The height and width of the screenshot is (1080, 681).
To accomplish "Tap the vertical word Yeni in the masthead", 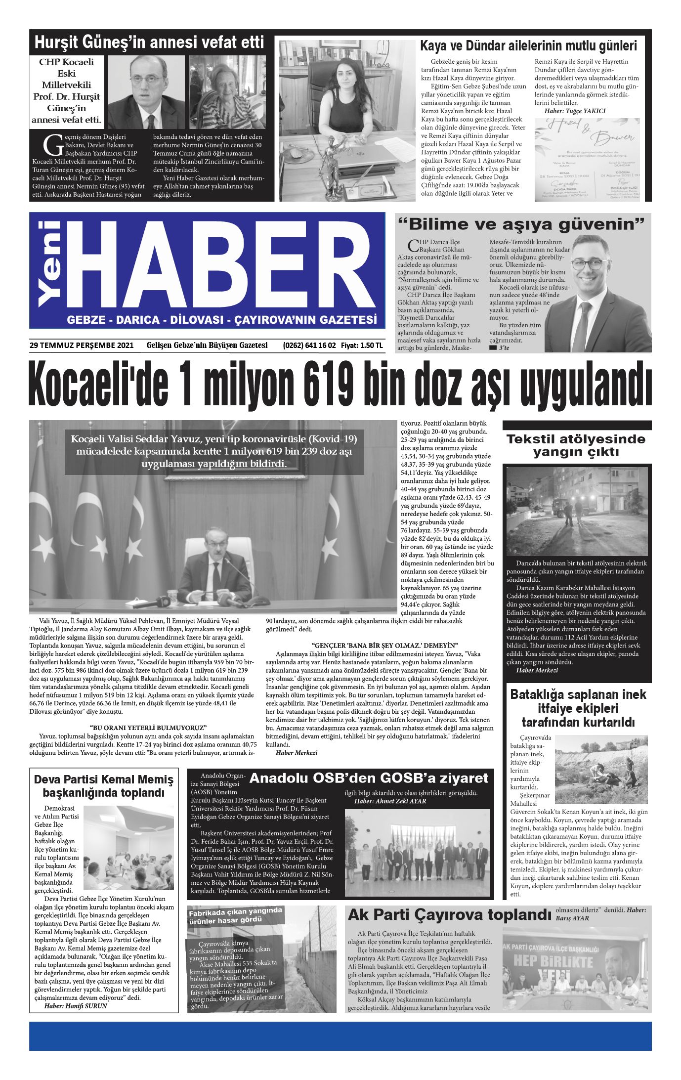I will point(50,263).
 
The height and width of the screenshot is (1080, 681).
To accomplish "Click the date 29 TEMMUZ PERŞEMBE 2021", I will point(82,346).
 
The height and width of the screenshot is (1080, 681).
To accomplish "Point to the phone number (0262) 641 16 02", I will point(309,346).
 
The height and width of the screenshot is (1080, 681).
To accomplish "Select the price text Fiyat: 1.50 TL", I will point(362,346).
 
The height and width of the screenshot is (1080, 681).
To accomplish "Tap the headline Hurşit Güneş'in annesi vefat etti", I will point(149,43).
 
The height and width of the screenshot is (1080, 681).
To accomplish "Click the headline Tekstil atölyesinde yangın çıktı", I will point(576,445).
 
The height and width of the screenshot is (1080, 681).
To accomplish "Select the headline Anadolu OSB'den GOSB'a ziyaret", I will point(369,778).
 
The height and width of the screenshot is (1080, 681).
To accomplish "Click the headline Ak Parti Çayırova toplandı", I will point(449,914).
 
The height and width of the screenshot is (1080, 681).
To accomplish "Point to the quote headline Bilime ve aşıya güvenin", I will point(522,224).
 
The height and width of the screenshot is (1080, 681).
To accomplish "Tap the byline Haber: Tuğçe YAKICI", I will point(574,111).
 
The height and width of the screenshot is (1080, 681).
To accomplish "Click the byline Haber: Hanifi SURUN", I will point(76,1005).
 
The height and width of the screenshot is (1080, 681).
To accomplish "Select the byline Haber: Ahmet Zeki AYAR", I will point(390,801).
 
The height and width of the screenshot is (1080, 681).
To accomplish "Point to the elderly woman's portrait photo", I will point(227,92).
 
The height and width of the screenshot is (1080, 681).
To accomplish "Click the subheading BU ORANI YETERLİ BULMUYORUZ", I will point(148,728).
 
